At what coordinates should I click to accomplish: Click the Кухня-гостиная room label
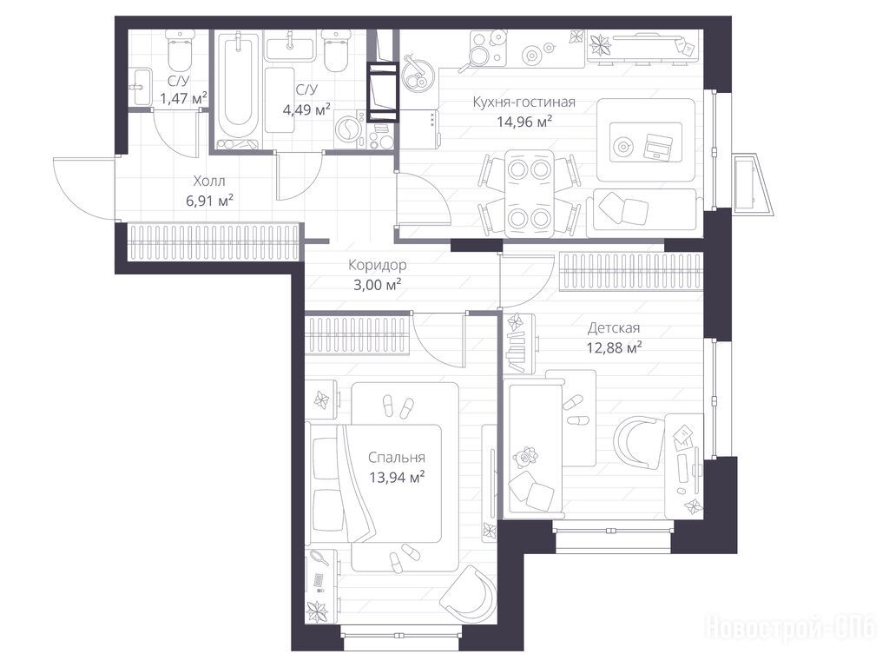pos(524,102)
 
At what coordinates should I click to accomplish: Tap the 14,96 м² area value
pos(524,122)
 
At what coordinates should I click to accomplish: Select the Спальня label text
pos(396,457)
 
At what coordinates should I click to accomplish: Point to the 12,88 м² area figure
pos(614,347)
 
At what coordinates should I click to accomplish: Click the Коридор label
pos(377,265)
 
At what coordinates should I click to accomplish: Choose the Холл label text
pos(209,181)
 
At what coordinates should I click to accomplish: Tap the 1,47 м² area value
pos(183,99)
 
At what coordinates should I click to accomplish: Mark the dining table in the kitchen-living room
pos(529,194)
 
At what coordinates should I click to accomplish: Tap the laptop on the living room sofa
pos(657,146)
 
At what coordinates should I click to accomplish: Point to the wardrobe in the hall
pos(214,242)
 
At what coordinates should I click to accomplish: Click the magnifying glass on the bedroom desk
pos(320,557)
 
